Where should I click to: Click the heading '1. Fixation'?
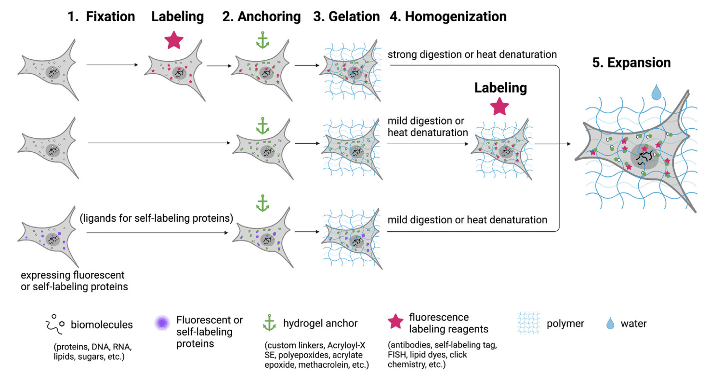(101, 17)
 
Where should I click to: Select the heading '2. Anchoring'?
(262, 17)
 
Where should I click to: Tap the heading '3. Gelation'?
(346, 17)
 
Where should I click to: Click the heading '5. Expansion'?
(631, 63)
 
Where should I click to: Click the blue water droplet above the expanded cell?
(656, 93)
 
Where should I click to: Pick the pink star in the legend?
(396, 322)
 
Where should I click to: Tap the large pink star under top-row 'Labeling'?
(174, 41)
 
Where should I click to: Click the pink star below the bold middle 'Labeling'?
(499, 107)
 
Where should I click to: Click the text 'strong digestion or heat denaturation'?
(472, 54)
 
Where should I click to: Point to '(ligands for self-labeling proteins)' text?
(157, 218)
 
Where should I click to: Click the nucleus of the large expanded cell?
(644, 156)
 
